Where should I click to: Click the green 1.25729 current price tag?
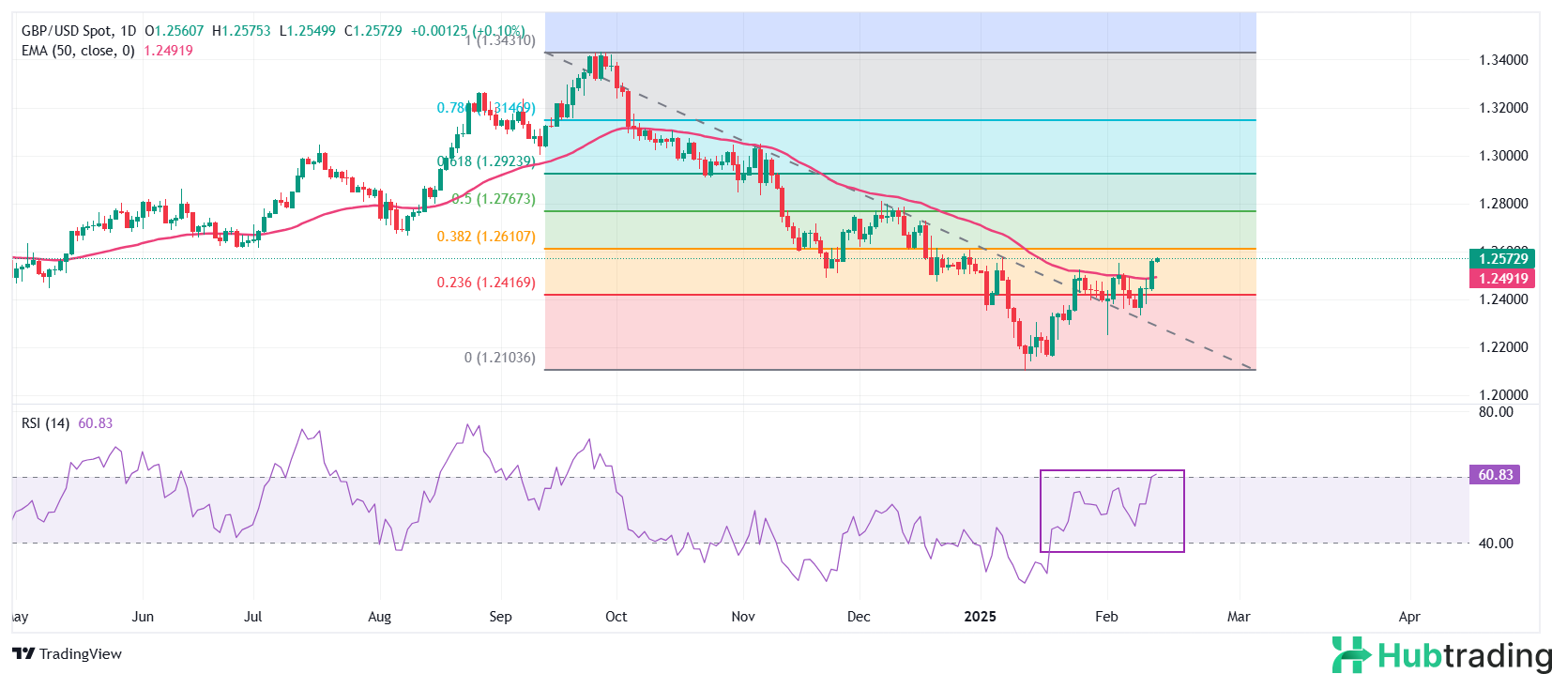point(1503,258)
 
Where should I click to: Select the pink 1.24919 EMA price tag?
point(1503,278)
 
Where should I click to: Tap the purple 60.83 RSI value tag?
point(1496,475)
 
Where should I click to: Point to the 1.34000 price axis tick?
point(1503,60)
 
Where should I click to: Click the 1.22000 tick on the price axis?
point(1503,347)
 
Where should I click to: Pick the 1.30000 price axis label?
point(1503,156)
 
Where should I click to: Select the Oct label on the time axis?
point(616,617)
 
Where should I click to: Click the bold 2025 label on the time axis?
point(981,617)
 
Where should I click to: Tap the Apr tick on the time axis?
point(1408,617)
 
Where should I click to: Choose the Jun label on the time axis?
point(143,617)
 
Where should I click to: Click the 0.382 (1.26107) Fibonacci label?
point(486,237)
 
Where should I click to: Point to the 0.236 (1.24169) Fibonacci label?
point(486,283)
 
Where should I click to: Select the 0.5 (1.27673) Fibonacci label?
point(494,199)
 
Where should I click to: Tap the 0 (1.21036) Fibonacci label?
point(500,358)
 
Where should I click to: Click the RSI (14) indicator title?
point(45,423)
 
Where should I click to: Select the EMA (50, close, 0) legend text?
point(78,51)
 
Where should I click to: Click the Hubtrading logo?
point(1441,654)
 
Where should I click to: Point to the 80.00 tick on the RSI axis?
point(1496,412)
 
